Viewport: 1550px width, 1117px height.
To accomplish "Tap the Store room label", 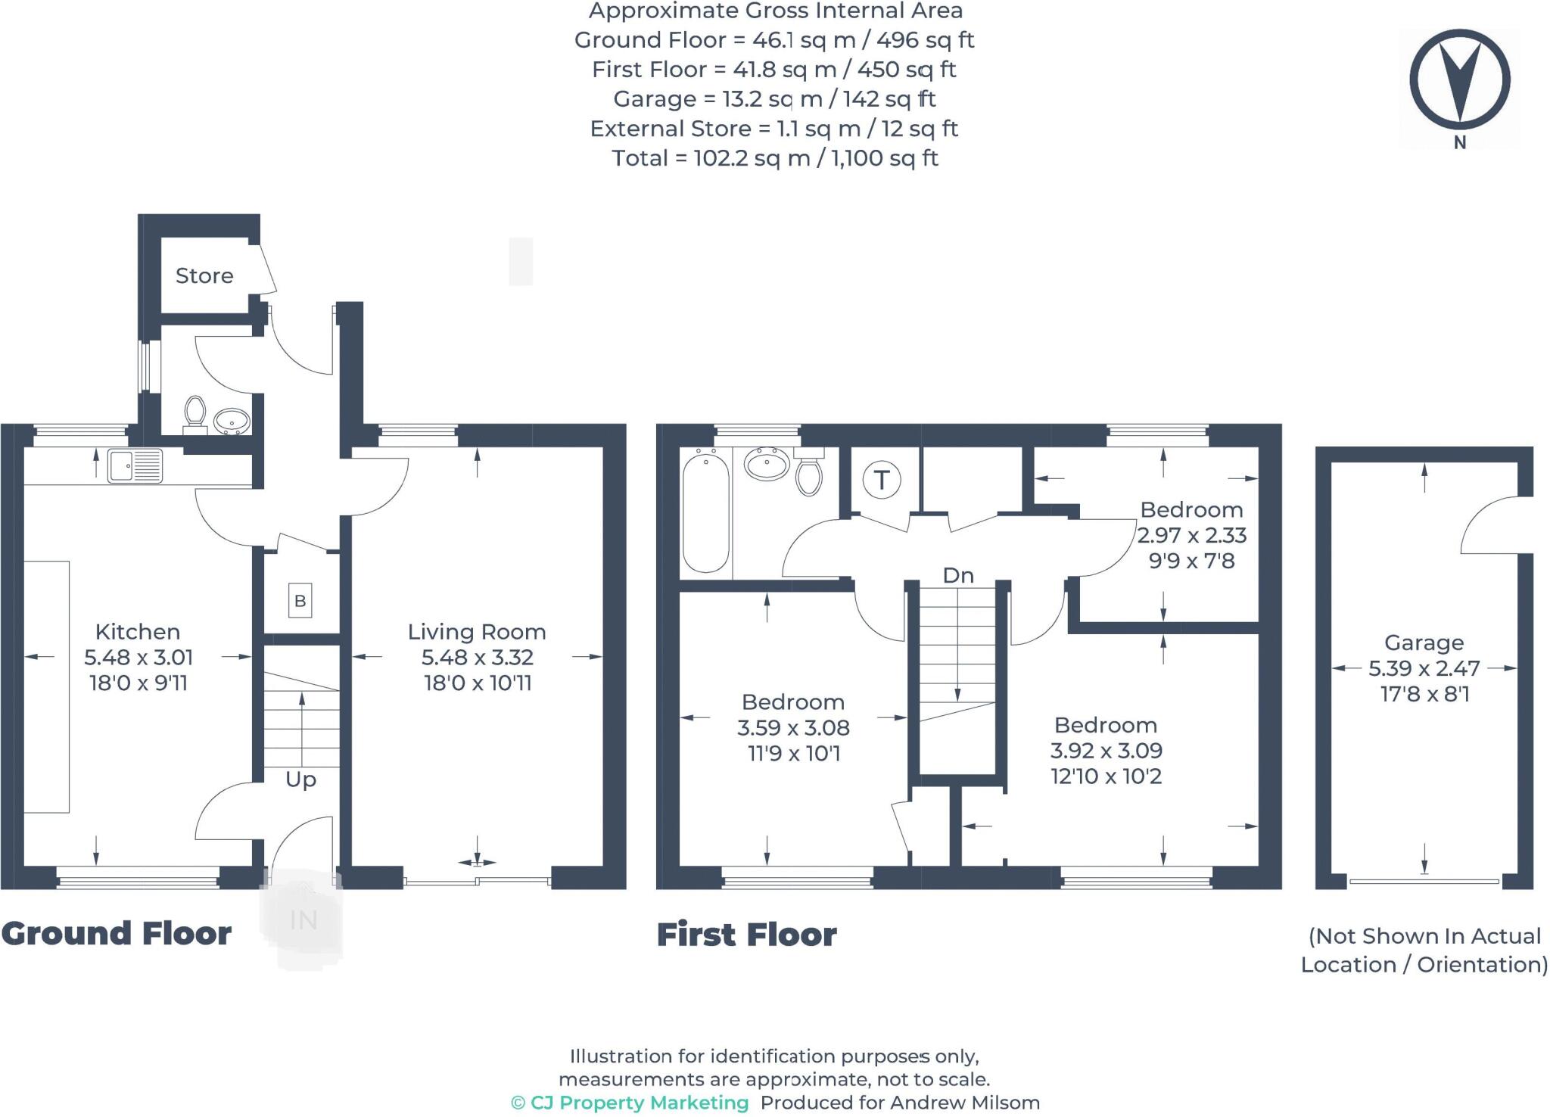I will click(x=204, y=275).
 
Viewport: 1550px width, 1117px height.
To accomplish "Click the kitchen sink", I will click(x=135, y=465).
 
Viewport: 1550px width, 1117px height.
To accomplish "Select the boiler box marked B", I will click(x=300, y=601).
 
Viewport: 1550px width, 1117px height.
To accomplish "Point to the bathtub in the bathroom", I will click(x=705, y=512).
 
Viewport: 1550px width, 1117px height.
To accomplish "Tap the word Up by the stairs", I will click(x=300, y=779).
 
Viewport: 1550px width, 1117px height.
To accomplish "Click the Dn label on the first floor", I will click(x=957, y=575).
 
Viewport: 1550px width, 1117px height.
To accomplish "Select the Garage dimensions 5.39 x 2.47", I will click(x=1424, y=668).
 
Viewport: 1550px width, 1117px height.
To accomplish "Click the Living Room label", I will click(x=477, y=631).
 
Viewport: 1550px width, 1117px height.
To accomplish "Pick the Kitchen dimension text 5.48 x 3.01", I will click(x=139, y=657).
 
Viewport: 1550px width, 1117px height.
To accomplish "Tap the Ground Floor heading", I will click(x=117, y=933).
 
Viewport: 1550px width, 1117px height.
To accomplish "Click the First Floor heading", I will click(x=746, y=935).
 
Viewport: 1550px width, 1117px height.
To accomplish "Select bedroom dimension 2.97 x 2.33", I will click(x=1191, y=535).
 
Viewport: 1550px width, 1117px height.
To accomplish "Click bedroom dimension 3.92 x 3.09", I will click(x=1106, y=751).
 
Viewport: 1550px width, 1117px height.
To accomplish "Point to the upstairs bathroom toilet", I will click(x=809, y=474).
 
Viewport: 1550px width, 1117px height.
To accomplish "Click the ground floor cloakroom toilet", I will click(x=195, y=412).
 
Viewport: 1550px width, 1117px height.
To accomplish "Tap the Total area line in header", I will click(x=774, y=158).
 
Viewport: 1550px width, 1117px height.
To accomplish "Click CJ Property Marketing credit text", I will click(x=630, y=1103).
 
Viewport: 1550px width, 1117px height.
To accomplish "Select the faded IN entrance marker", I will click(x=303, y=920).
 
